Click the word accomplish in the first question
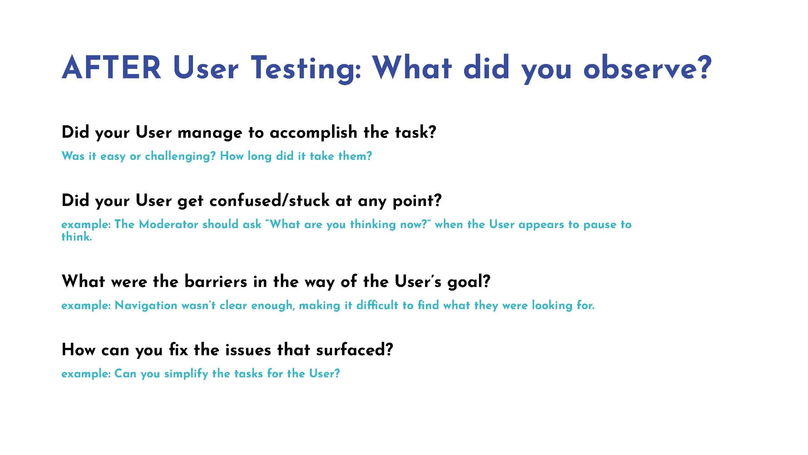point(313,133)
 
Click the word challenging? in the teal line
point(180,156)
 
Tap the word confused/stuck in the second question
point(270,200)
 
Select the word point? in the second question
point(417,201)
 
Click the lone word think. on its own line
point(77,237)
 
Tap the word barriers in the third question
point(216,281)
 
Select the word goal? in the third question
point(469,282)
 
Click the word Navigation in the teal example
point(146,305)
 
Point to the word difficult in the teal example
point(377,305)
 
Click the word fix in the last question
point(178,350)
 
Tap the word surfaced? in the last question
point(355,350)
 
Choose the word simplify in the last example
point(186,374)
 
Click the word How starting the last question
point(79,350)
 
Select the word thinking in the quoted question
point(373,224)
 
